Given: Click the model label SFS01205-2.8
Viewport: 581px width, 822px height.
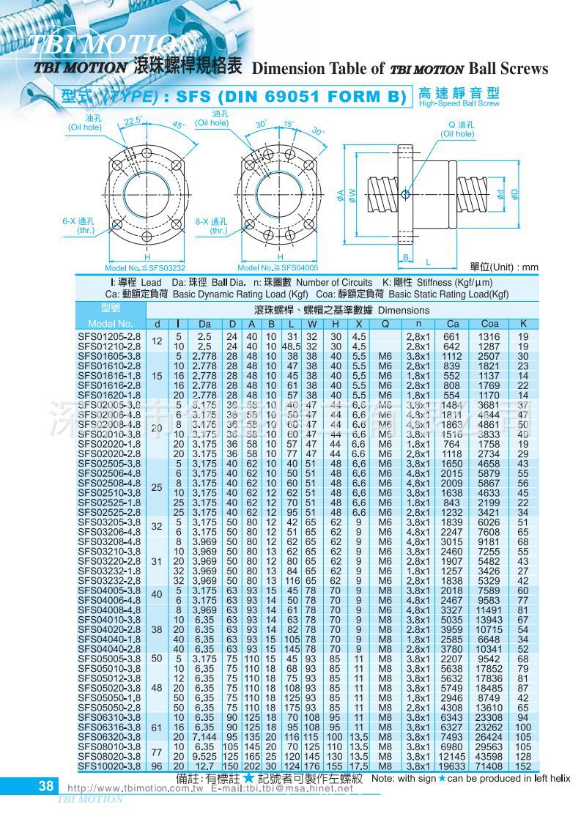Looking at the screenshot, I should [109, 336].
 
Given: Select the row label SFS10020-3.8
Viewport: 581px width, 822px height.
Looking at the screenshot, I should [109, 766].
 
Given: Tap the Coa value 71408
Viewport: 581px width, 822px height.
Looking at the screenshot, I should [489, 766].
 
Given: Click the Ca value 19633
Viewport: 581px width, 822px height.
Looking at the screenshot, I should [452, 766].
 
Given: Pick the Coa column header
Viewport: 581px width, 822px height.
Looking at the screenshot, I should [489, 323].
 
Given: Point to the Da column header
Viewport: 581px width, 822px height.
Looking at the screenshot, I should [204, 323].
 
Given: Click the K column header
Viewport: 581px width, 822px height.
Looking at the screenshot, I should [523, 323].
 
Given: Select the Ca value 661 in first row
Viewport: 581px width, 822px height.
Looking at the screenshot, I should [452, 336].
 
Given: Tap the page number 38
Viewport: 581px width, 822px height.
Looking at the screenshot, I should [45, 786].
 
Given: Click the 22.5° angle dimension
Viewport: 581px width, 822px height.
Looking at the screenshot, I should [133, 121].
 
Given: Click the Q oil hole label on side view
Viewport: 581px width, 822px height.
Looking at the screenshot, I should [458, 129].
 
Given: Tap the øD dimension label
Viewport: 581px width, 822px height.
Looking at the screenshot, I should [515, 193].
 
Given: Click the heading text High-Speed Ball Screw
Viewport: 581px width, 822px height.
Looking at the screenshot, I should [459, 104].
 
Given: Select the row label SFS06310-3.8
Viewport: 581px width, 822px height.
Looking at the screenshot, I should [109, 717].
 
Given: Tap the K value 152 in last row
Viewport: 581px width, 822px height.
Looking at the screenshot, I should [523, 766].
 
